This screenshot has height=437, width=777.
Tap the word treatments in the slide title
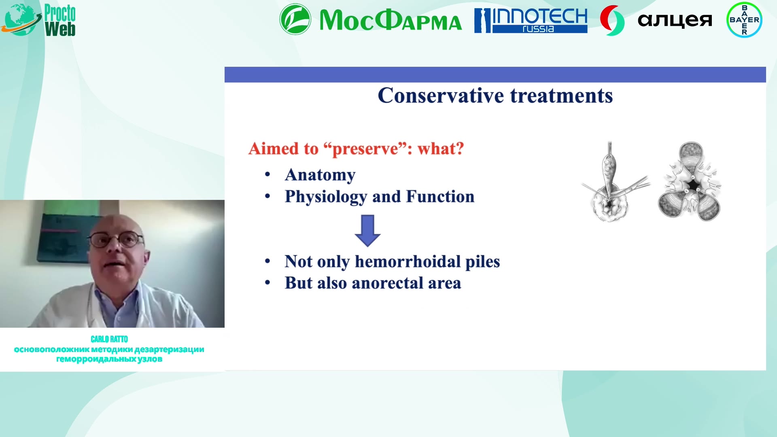[561, 96]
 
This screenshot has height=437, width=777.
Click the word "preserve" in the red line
[365, 149]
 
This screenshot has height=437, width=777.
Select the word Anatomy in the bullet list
[320, 175]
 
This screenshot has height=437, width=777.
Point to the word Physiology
[326, 197]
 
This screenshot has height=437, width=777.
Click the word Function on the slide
[440, 196]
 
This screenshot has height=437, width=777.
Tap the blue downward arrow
[367, 231]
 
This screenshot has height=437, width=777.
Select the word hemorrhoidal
[408, 261]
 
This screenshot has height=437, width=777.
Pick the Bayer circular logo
[744, 20]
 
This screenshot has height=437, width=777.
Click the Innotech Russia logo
[531, 20]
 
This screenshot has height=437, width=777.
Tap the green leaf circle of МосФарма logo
[295, 19]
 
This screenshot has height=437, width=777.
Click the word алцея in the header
[675, 20]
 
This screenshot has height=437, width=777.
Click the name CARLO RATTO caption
[109, 339]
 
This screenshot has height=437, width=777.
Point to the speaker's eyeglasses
[116, 240]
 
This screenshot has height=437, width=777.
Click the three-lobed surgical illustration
[690, 181]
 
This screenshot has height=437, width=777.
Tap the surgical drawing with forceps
[614, 182]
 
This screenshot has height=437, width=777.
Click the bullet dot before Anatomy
[267, 175]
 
